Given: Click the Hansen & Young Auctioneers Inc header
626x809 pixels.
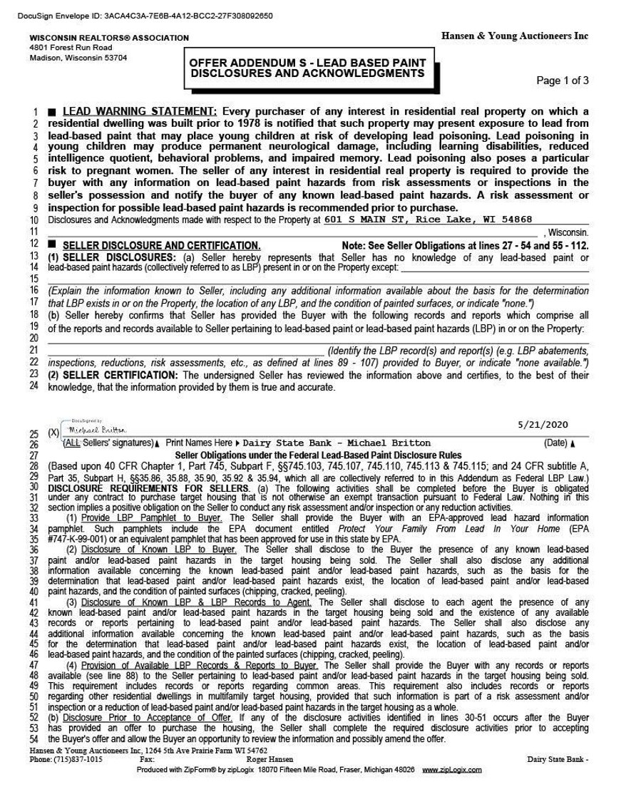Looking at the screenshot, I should click(515, 36).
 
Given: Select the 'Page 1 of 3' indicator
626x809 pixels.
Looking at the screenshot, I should click(562, 81).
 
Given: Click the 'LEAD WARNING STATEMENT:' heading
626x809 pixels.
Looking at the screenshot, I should click(140, 112).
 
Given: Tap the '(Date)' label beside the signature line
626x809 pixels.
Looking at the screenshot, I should click(555, 443).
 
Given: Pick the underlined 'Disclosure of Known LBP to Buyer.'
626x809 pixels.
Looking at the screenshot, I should click(159, 550).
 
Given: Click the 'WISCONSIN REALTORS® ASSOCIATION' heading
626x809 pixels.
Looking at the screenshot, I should click(109, 38).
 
